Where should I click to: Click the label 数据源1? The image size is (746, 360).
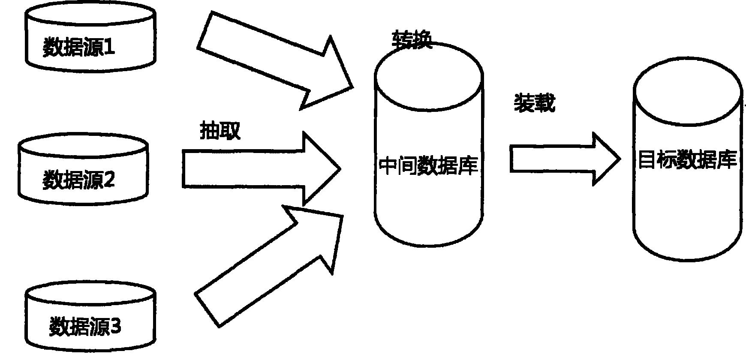[x=79, y=47]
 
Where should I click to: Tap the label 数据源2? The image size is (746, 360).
[x=79, y=180]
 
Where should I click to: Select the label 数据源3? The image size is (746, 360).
[x=85, y=327]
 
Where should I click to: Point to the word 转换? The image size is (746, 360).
[x=412, y=40]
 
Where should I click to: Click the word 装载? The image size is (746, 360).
[x=535, y=103]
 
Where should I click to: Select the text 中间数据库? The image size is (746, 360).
[x=428, y=165]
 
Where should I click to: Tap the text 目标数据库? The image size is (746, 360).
[x=687, y=160]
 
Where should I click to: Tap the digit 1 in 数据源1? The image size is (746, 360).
[x=109, y=47]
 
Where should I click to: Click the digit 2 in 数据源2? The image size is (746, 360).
[x=109, y=180]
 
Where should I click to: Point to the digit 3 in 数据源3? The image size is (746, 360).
[x=116, y=327]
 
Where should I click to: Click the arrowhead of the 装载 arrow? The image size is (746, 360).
[x=607, y=159]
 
